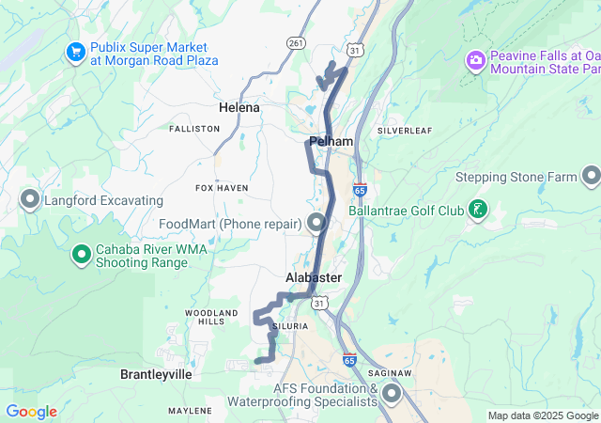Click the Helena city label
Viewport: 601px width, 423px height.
239,108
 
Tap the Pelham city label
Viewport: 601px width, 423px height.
331,142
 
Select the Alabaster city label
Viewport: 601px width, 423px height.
314,279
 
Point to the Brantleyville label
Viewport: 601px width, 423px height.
156,374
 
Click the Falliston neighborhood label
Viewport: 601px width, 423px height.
194,129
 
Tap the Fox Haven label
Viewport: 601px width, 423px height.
222,188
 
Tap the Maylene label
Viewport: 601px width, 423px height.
190,411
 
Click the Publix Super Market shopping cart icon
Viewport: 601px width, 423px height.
75,53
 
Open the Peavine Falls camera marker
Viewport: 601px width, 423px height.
476,61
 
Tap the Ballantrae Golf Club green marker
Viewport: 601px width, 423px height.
479,210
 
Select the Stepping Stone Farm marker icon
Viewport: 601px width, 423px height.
591,177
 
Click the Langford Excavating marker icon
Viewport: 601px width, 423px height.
30,200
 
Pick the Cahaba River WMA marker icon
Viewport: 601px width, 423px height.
83,255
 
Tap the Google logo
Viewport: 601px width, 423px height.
31,412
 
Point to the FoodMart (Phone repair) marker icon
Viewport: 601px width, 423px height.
316,223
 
